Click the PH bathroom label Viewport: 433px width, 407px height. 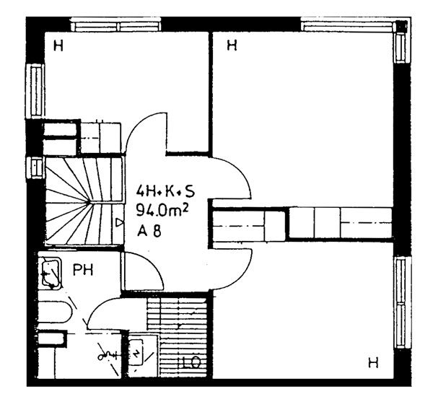tap(83, 270)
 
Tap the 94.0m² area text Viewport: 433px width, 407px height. tap(162, 211)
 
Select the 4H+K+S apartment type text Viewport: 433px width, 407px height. tap(165, 191)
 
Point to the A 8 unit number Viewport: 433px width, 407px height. tap(149, 230)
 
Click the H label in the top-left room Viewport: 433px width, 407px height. tap(58, 45)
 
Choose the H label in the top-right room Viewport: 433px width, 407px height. tap(232, 45)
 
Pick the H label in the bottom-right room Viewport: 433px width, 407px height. tap(373, 362)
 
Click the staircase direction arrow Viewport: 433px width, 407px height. tap(119, 222)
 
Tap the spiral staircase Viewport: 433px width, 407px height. tap(84, 201)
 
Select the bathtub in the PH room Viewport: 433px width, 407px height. tap(55, 312)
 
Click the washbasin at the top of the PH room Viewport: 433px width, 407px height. tap(51, 273)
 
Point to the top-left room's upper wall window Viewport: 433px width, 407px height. tap(115, 25)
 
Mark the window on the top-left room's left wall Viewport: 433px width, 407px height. tap(35, 91)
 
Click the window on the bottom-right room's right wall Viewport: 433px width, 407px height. tap(402, 302)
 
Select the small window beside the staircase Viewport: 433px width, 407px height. tap(35, 167)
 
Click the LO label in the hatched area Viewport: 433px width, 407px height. tap(191, 363)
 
